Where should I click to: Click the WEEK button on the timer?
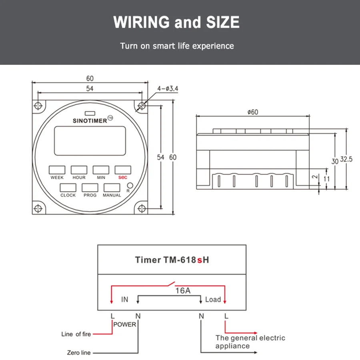pyautogui.click(x=57, y=170)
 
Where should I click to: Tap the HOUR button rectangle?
pyautogui.click(x=79, y=170)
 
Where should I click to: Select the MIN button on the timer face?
pyautogui.click(x=101, y=170)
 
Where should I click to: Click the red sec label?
pyautogui.click(x=123, y=177)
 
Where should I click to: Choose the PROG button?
pyautogui.click(x=90, y=187)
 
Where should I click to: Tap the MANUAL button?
pyautogui.click(x=112, y=187)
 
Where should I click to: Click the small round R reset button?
pyautogui.click(x=130, y=185)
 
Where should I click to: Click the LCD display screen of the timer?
pyautogui.click(x=90, y=141)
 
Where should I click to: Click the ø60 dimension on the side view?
pyautogui.click(x=252, y=112)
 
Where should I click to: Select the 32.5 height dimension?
pyautogui.click(x=346, y=159)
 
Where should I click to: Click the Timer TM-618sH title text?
pyautogui.click(x=172, y=260)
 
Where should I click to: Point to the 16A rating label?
pyautogui.click(x=182, y=291)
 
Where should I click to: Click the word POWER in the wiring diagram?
pyautogui.click(x=125, y=324)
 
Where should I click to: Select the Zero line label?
pyautogui.click(x=79, y=353)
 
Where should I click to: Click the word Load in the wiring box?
pyautogui.click(x=213, y=299)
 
